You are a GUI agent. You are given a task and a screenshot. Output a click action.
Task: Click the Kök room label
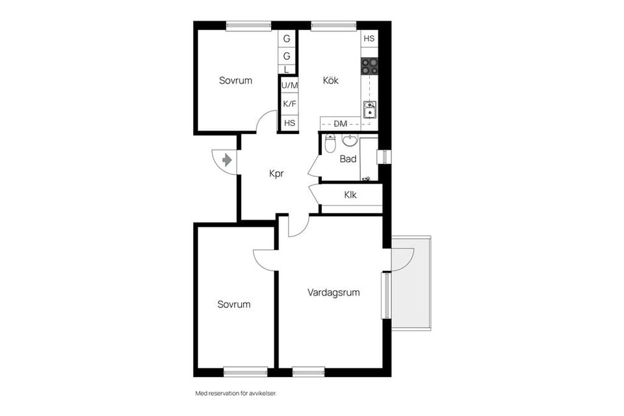pos(331,81)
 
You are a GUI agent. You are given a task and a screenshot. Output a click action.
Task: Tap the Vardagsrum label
pos(333,293)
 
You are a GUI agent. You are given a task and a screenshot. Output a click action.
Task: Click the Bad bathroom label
pos(348,158)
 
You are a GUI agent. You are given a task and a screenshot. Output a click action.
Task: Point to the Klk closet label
pos(350,194)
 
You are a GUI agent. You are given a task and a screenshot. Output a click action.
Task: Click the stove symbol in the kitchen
pos(369,66)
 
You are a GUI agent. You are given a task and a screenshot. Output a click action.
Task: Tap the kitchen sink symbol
pos(369,109)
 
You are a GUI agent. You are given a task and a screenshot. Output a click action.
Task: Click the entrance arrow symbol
pos(227,159)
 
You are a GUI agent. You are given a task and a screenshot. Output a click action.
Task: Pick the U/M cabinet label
pos(289,85)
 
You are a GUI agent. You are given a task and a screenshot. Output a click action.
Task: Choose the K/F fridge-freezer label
pos(289,104)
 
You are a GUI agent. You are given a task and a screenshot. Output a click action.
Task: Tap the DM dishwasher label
pos(341,124)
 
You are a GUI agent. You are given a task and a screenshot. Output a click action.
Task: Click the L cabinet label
pos(287,69)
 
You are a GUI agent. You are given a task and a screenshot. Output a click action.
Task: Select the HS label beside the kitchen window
pos(369,39)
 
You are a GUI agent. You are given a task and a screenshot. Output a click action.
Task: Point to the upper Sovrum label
pos(235,81)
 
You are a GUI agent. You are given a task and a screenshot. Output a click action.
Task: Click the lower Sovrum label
pos(234,304)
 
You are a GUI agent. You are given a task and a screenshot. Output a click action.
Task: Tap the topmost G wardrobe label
pos(287,39)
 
